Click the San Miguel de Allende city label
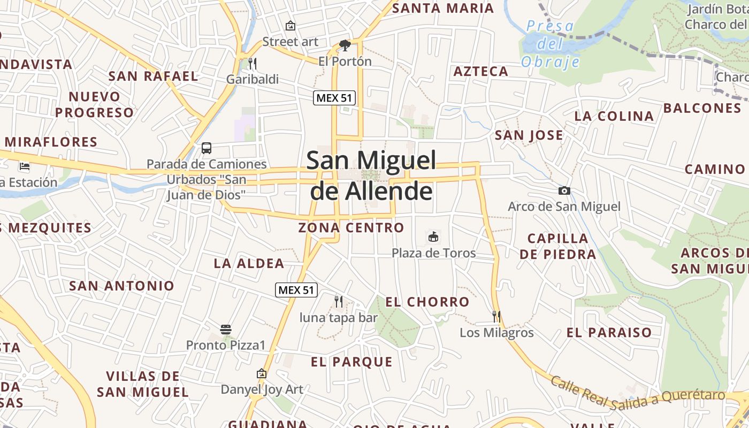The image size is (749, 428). tap(371, 175)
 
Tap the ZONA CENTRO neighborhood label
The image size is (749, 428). tap(351, 227)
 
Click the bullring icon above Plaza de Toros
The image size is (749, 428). tap(433, 236)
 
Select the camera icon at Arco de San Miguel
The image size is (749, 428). tap(564, 190)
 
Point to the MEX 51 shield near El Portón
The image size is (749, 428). tap(334, 97)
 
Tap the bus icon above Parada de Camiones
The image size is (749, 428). tap(207, 148)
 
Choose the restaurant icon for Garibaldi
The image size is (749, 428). tap(253, 64)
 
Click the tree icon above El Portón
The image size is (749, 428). tap(345, 45)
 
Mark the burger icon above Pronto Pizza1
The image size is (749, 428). tap(226, 329)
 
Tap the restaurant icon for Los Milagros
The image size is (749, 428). tap(496, 316)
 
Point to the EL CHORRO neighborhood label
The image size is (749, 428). tap(427, 302)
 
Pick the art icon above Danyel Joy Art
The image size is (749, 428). tap(262, 373)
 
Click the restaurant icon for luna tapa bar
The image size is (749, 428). tap(338, 302)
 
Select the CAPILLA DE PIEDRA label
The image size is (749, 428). tap(557, 246)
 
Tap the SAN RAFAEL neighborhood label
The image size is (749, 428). tap(153, 76)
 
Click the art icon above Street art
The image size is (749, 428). tap(290, 26)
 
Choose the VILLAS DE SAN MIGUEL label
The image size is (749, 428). tap(142, 384)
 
